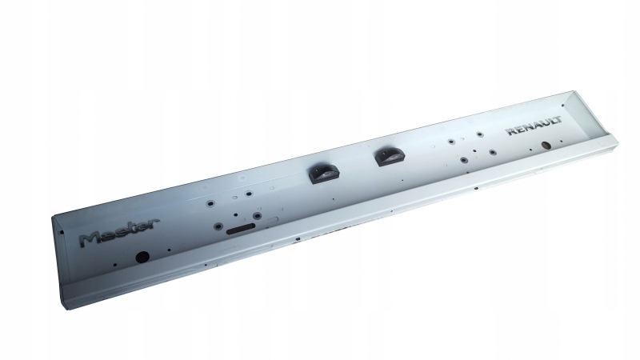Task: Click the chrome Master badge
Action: click(118, 232)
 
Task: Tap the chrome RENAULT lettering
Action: click(534, 126)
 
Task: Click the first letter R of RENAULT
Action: click(511, 131)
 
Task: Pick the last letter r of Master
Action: click(153, 224)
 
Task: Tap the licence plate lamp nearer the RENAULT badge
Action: click(390, 157)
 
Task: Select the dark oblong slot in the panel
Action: click(241, 229)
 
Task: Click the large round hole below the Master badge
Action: click(142, 257)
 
